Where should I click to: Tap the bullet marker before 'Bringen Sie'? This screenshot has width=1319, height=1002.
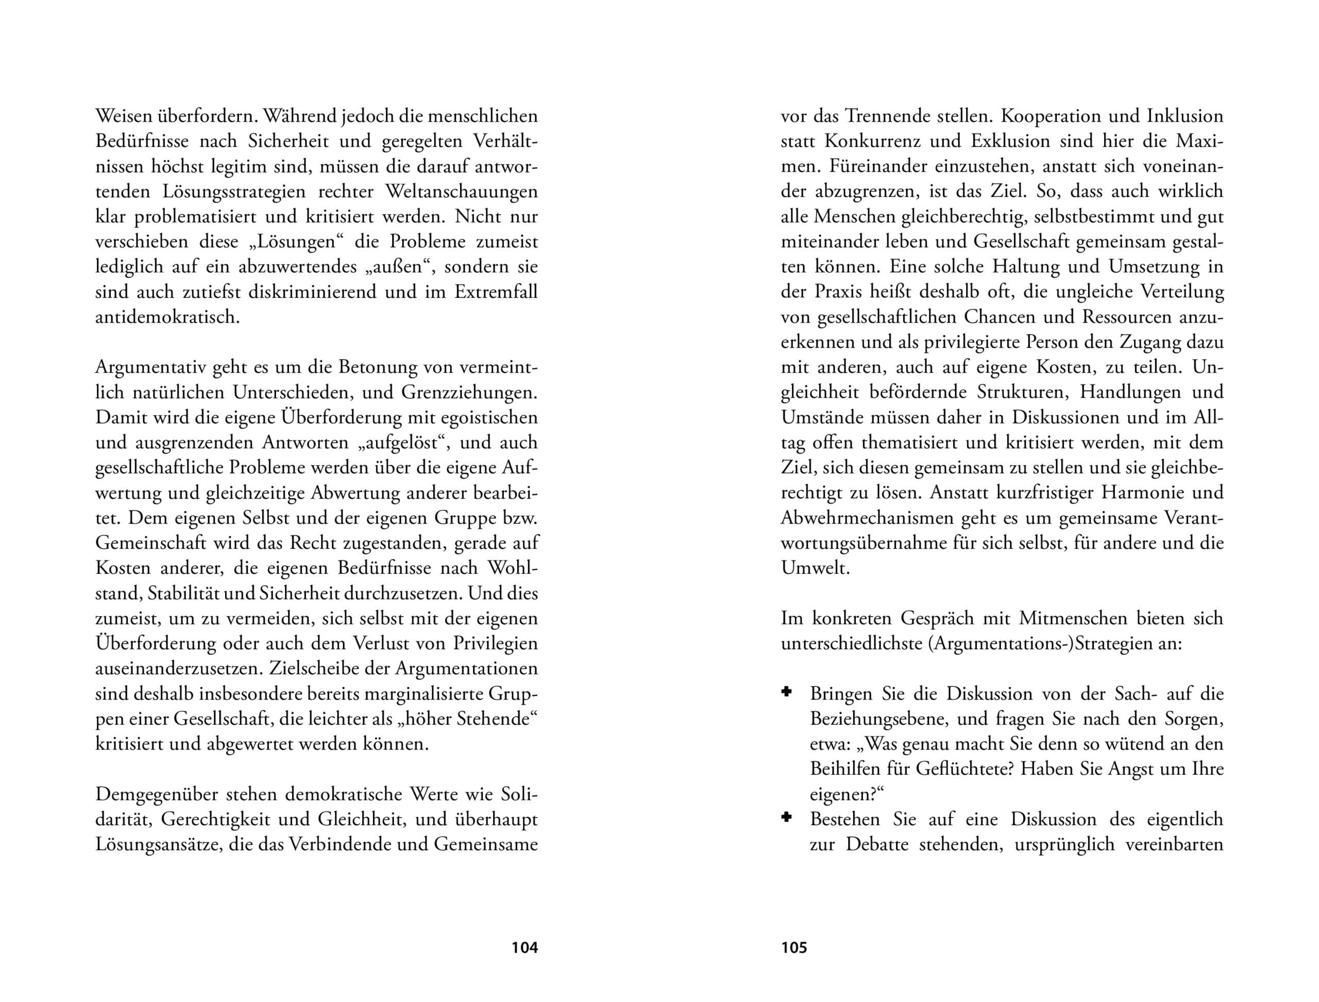click(x=787, y=692)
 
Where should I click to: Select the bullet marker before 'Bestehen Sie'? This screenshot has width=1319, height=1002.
click(x=787, y=817)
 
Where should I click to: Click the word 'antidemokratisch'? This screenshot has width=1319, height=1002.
click(x=166, y=317)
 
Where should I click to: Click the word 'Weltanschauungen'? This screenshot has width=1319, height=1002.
click(x=462, y=192)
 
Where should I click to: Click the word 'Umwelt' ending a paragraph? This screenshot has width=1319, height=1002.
click(x=814, y=568)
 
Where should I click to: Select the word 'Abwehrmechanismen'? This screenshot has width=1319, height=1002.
click(x=867, y=518)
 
